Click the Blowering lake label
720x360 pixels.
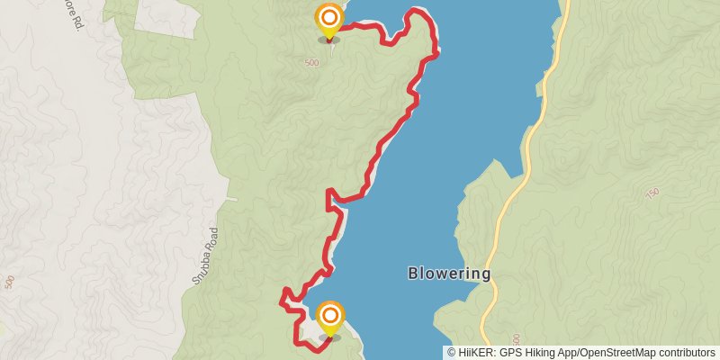click(x=449, y=274)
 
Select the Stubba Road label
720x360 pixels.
click(x=205, y=256)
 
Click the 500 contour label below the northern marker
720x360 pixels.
click(x=311, y=63)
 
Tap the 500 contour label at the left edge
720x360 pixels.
click(x=9, y=282)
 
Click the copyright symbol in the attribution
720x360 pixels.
click(x=452, y=353)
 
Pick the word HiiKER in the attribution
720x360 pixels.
click(x=475, y=353)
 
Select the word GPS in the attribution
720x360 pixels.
click(x=509, y=353)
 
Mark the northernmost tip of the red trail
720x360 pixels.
click(x=416, y=11)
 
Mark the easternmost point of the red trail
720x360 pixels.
click(x=437, y=52)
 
